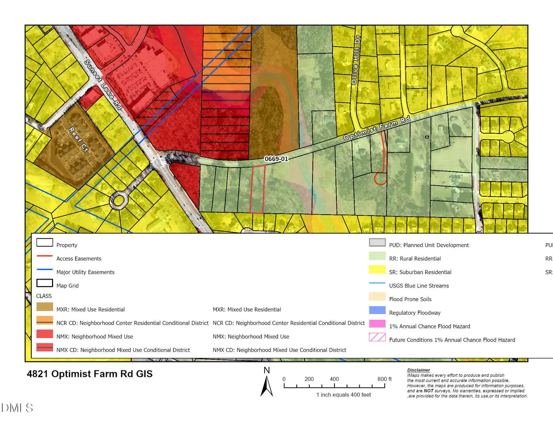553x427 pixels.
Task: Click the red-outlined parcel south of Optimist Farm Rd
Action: pyautogui.click(x=257, y=189)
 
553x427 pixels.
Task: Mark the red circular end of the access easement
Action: pyautogui.click(x=380, y=179)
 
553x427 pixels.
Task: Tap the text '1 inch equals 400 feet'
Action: pyautogui.click(x=343, y=395)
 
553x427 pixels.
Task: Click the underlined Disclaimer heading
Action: pyautogui.click(x=418, y=370)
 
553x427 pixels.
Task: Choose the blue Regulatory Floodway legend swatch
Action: pyautogui.click(x=377, y=312)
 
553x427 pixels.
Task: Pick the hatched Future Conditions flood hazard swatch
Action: pyautogui.click(x=377, y=339)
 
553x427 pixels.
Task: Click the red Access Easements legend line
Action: pyautogui.click(x=44, y=258)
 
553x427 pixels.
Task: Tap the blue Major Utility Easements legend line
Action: pyautogui.click(x=44, y=272)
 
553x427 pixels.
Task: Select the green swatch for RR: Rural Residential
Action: pyautogui.click(x=377, y=258)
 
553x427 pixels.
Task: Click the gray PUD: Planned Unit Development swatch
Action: pyautogui.click(x=377, y=244)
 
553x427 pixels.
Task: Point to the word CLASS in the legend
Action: pyautogui.click(x=44, y=296)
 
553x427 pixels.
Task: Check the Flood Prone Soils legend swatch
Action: pyautogui.click(x=377, y=299)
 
